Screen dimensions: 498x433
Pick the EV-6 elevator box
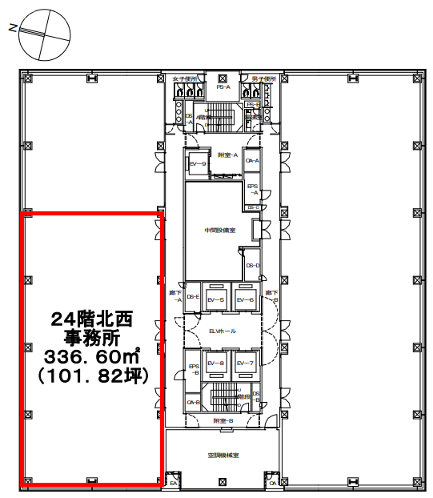pos(246,299)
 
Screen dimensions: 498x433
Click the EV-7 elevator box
pos(246,364)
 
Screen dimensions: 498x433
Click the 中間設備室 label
pos(219,230)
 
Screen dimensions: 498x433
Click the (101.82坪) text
pos(90,372)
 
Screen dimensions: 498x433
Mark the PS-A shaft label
pos(223,86)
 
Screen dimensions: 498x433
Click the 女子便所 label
pos(184,79)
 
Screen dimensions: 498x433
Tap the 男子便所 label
pos(263,79)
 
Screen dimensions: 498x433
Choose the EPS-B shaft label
pos(193,370)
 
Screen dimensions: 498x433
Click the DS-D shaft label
pos(253,265)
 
